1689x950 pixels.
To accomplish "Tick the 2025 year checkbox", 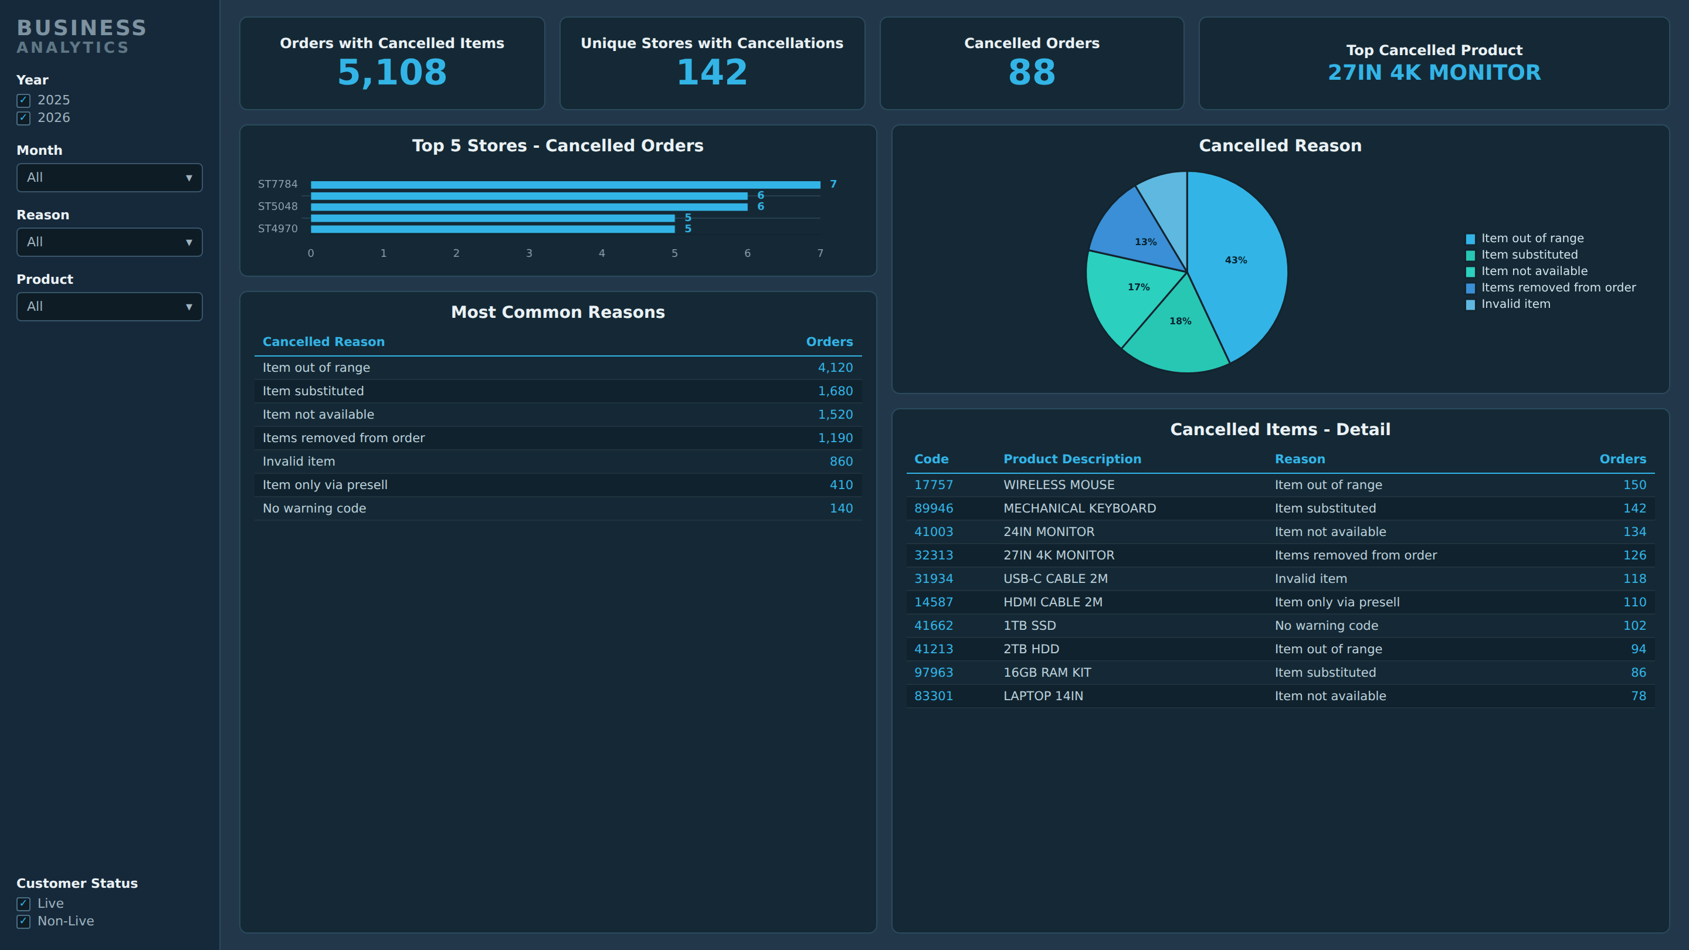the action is click(x=23, y=100).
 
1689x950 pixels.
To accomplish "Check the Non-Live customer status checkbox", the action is click(x=23, y=921).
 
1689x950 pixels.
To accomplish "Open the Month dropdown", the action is click(x=110, y=178).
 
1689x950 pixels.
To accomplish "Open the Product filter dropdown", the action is click(x=110, y=307).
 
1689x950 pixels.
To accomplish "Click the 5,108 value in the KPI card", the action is click(x=392, y=72).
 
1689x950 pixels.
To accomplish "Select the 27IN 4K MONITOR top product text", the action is click(x=1434, y=72).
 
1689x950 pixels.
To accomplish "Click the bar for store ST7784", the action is click(x=565, y=185).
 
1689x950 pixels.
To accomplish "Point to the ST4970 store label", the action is click(x=277, y=229).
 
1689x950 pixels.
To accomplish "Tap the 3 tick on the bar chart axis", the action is click(x=529, y=253).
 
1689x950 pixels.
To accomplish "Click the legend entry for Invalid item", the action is click(x=1515, y=304).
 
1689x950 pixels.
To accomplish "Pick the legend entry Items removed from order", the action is click(x=1551, y=288).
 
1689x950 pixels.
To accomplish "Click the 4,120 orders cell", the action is click(x=835, y=368).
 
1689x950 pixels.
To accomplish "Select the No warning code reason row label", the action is click(x=314, y=509).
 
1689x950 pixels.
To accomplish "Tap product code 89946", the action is click(x=934, y=509).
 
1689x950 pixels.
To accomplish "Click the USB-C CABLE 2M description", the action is click(x=1056, y=579).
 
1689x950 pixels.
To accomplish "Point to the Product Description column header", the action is click(x=1072, y=460).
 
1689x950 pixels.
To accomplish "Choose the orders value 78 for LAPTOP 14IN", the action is click(x=1639, y=696).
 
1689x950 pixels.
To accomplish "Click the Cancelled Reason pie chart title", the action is click(x=1280, y=145).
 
